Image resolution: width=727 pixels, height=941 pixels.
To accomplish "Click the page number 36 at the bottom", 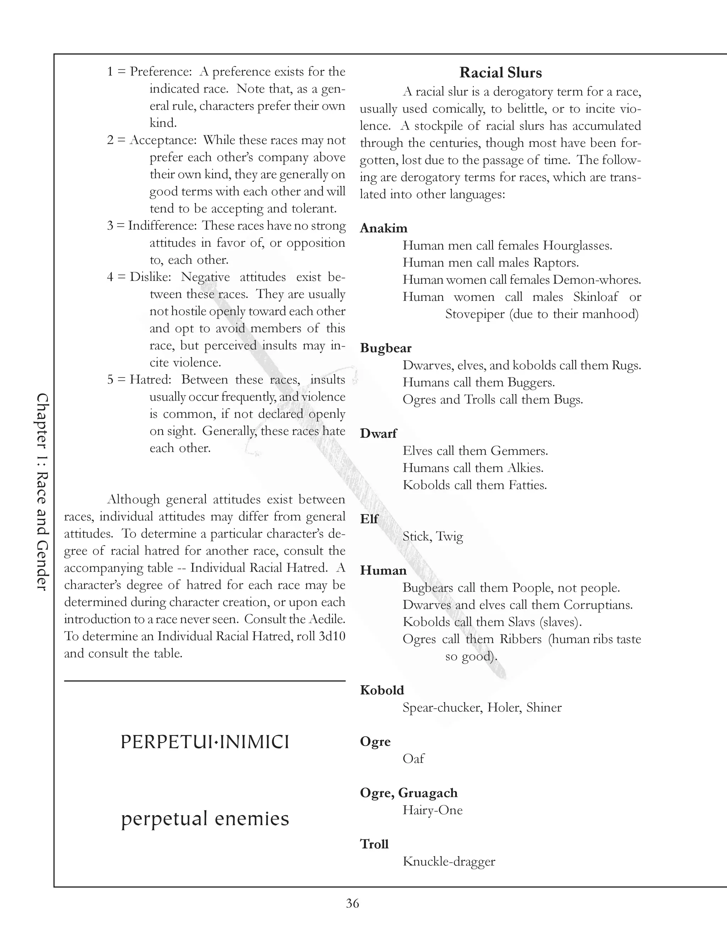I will [x=352, y=903].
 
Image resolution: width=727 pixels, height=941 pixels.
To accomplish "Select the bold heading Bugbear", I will [x=386, y=348].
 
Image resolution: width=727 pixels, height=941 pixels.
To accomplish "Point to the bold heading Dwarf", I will [x=378, y=434].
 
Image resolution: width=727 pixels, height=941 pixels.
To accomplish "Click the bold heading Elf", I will [x=369, y=519].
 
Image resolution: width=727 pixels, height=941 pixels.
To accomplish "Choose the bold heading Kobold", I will [x=382, y=690].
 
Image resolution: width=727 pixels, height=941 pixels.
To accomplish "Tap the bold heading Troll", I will [x=374, y=844].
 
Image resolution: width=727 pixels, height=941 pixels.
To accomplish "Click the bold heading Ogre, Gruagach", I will [x=409, y=793].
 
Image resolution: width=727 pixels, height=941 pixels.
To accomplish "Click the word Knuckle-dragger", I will [x=449, y=861].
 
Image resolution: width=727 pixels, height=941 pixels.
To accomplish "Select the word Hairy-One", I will [x=432, y=810].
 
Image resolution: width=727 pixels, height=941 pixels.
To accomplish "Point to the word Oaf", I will [x=413, y=759].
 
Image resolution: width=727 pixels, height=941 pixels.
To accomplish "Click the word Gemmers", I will [x=519, y=451].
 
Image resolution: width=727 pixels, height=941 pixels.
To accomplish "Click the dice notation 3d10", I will [x=332, y=636].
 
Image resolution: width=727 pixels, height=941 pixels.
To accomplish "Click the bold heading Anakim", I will [x=383, y=228].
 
